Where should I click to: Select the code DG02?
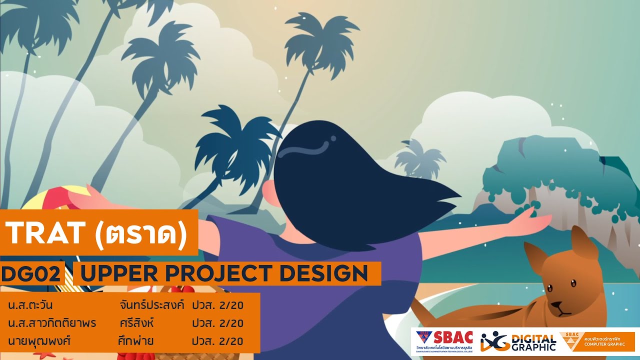(31, 274)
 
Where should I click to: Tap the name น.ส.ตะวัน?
(30, 305)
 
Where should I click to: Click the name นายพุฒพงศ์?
(38, 341)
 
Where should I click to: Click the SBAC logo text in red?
(452, 337)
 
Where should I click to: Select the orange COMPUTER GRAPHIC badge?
(597, 341)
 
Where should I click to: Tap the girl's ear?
(269, 192)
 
